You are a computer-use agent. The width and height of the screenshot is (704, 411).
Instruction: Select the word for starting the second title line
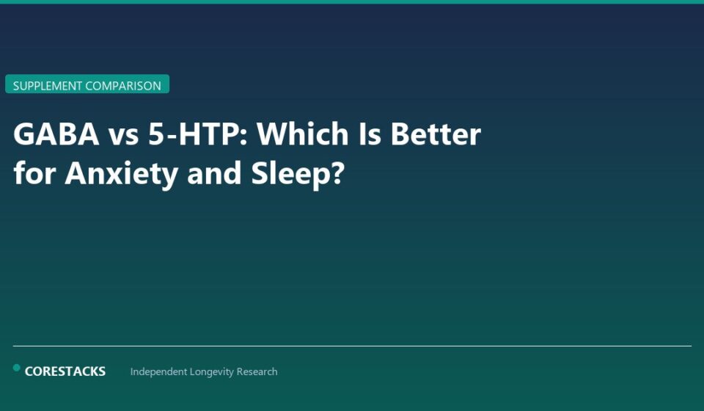click(x=34, y=174)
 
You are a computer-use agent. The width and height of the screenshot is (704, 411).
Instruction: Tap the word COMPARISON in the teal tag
click(x=123, y=86)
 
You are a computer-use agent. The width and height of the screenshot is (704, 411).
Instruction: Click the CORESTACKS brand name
click(x=65, y=371)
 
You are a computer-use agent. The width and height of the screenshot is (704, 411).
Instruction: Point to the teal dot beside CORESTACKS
click(x=17, y=368)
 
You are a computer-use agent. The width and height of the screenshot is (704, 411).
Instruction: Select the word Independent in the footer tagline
click(x=158, y=372)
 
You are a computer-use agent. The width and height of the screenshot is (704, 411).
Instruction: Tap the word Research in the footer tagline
click(x=257, y=372)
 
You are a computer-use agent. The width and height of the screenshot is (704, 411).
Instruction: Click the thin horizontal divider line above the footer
click(x=352, y=346)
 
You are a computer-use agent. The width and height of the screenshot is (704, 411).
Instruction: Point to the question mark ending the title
click(x=338, y=174)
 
